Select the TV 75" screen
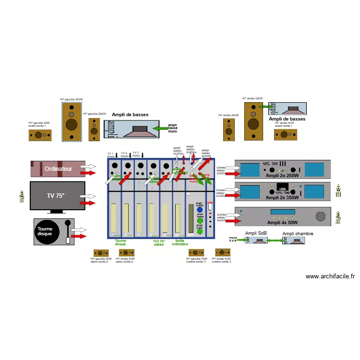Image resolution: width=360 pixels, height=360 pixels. coord(58,196)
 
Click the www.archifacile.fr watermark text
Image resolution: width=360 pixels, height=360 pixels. coord(330,276)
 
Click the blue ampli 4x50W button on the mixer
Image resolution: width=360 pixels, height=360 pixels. coord(200,210)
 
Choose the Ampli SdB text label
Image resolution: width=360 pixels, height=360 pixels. coord(257,233)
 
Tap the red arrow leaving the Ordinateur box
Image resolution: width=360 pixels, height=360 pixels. coord(89,172)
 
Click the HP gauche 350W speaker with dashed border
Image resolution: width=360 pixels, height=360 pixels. coord(72,121)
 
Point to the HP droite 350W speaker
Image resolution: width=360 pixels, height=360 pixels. coord(252,121)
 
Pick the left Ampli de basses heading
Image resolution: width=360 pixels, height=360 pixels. coord(130,115)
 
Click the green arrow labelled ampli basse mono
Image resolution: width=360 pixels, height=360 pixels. coord(159,129)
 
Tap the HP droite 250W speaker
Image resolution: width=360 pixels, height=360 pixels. coord(228,130)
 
